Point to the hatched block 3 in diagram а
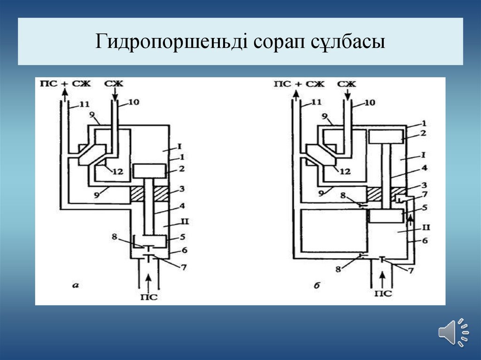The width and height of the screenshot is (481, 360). tap(150, 193)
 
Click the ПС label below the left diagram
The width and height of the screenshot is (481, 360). tap(148, 297)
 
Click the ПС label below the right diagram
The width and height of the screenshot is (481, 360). tap(384, 294)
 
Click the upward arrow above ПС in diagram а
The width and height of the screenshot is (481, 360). tap(148, 281)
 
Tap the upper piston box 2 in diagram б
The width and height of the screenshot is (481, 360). tap(386, 137)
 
